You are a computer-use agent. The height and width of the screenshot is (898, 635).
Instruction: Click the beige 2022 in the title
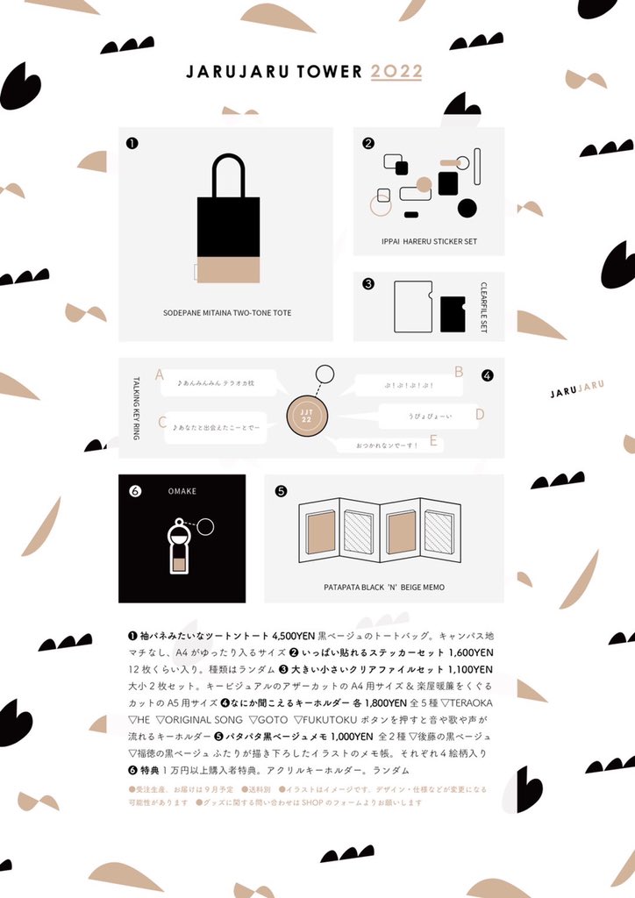(x=396, y=71)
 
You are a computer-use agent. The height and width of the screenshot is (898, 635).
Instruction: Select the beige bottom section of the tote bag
(x=228, y=270)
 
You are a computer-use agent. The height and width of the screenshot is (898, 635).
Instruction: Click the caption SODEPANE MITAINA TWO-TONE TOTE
(x=227, y=312)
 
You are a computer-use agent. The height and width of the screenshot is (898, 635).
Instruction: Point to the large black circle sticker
(x=467, y=208)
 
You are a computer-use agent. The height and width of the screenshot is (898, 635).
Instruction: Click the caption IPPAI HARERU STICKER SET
(x=430, y=241)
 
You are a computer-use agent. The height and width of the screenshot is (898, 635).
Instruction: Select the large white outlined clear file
(x=413, y=306)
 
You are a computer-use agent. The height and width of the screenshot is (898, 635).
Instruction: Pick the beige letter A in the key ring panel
(x=160, y=375)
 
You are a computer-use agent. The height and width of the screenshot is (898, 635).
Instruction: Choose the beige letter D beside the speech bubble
(x=480, y=415)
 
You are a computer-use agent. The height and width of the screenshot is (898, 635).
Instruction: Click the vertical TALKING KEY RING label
(x=136, y=408)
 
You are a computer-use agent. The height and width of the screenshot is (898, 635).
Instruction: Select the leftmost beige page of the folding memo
(x=321, y=532)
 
